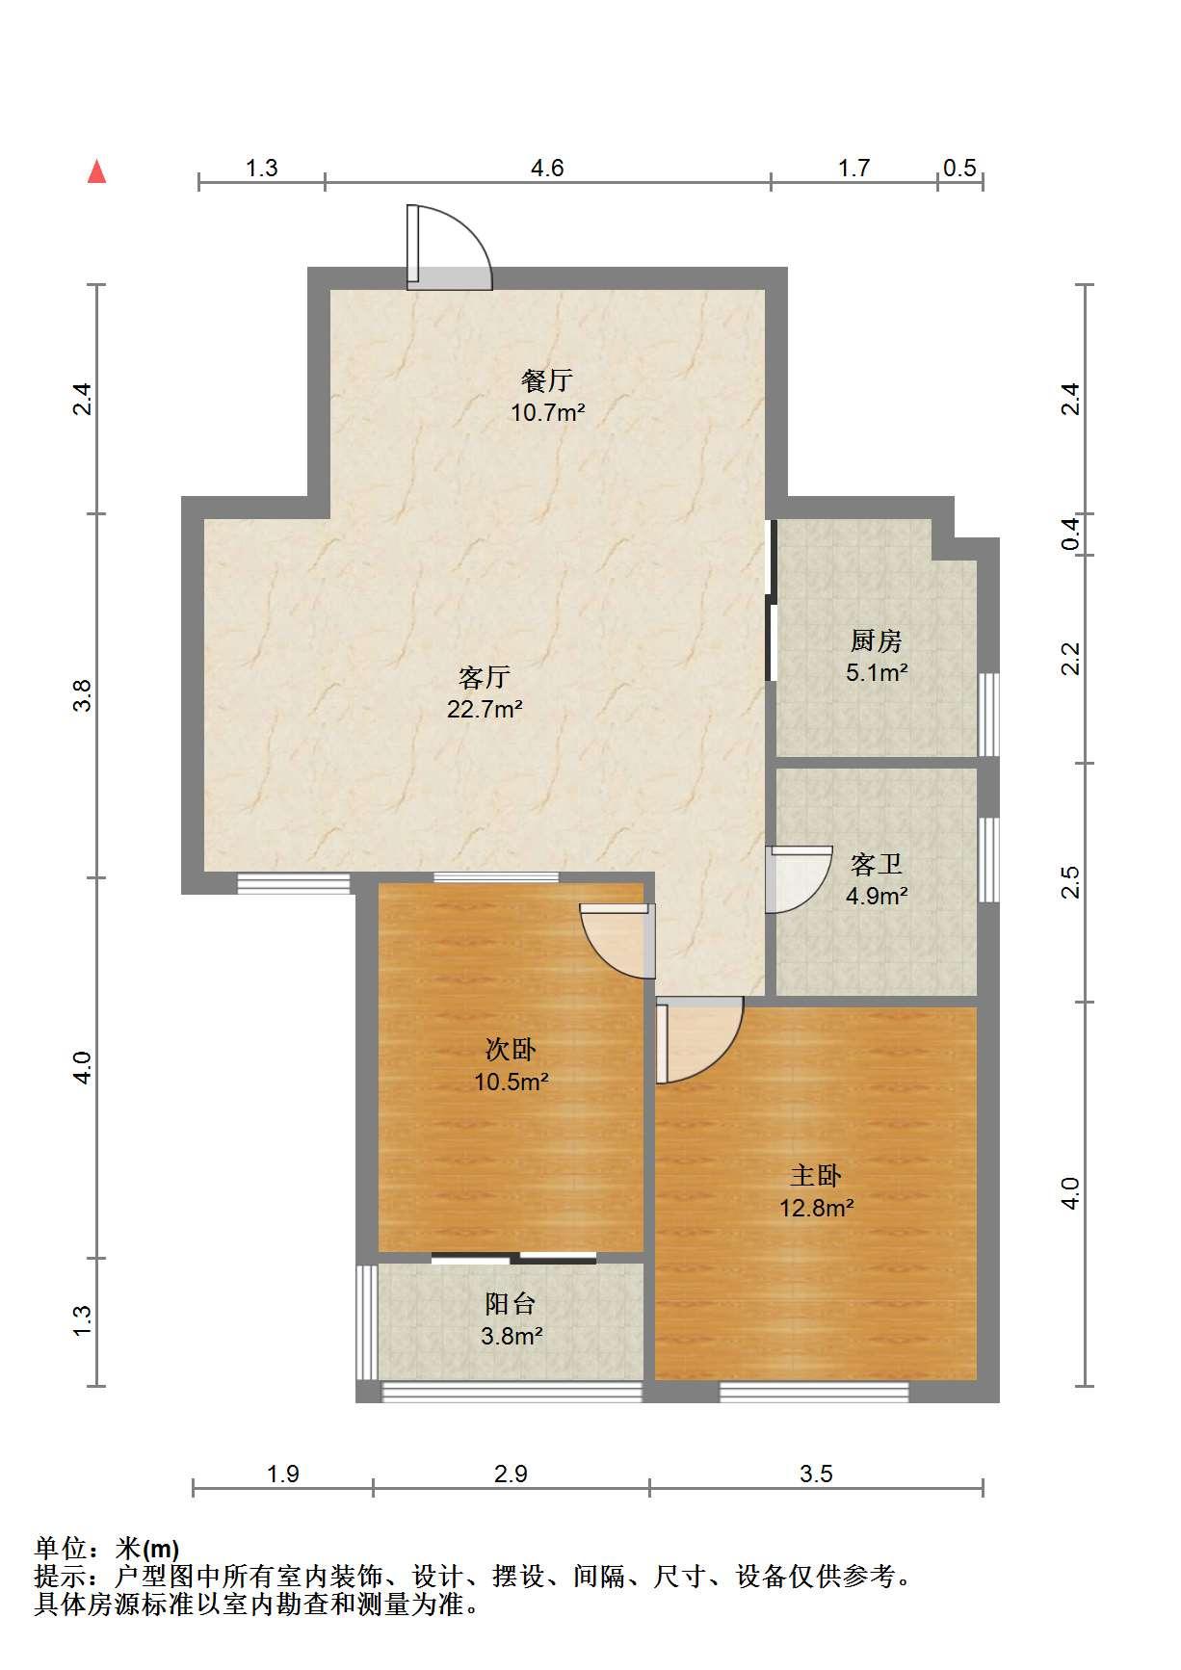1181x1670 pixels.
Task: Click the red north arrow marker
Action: pyautogui.click(x=96, y=171)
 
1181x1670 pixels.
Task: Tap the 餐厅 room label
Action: pyautogui.click(x=547, y=380)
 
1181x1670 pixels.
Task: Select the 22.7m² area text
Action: pyautogui.click(x=485, y=711)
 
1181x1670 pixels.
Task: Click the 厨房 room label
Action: pyautogui.click(x=877, y=640)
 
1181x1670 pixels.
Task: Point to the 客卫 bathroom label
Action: pyautogui.click(x=877, y=864)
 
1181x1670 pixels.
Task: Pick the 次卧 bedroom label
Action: pyautogui.click(x=511, y=1049)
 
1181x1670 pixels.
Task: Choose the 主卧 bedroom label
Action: pyautogui.click(x=817, y=1175)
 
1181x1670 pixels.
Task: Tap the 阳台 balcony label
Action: pyautogui.click(x=511, y=1304)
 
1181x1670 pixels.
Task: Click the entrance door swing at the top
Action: pyautogui.click(x=449, y=248)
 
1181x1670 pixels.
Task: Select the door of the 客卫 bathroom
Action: pyautogui.click(x=799, y=878)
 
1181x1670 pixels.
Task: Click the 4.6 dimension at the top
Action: pyautogui.click(x=547, y=169)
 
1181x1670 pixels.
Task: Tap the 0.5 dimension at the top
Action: pyautogui.click(x=959, y=169)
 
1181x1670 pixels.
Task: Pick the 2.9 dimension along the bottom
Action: pyautogui.click(x=511, y=1474)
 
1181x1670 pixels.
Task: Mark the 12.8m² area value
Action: pyautogui.click(x=817, y=1208)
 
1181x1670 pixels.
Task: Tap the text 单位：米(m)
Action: pyautogui.click(x=107, y=1549)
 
